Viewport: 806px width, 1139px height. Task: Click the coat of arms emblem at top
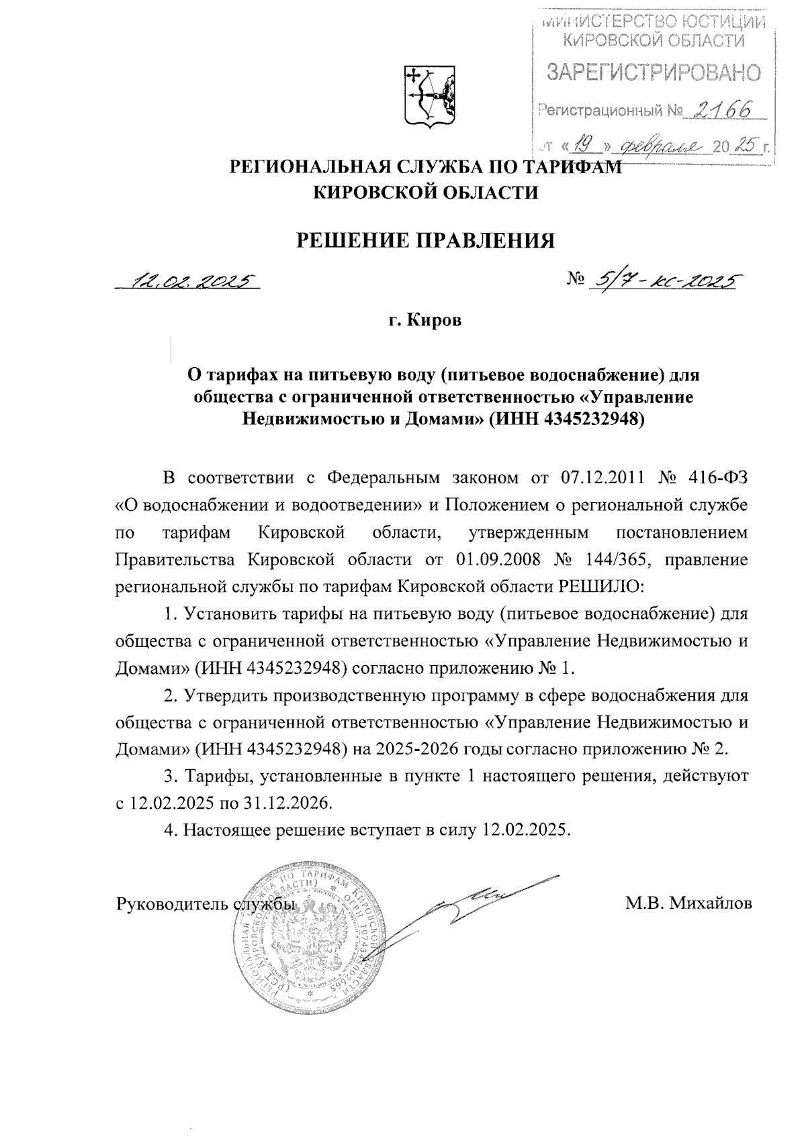click(x=430, y=95)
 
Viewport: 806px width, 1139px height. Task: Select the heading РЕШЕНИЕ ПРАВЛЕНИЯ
click(x=427, y=240)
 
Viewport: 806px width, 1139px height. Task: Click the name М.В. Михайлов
click(x=688, y=903)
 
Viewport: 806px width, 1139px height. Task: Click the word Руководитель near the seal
click(x=173, y=904)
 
